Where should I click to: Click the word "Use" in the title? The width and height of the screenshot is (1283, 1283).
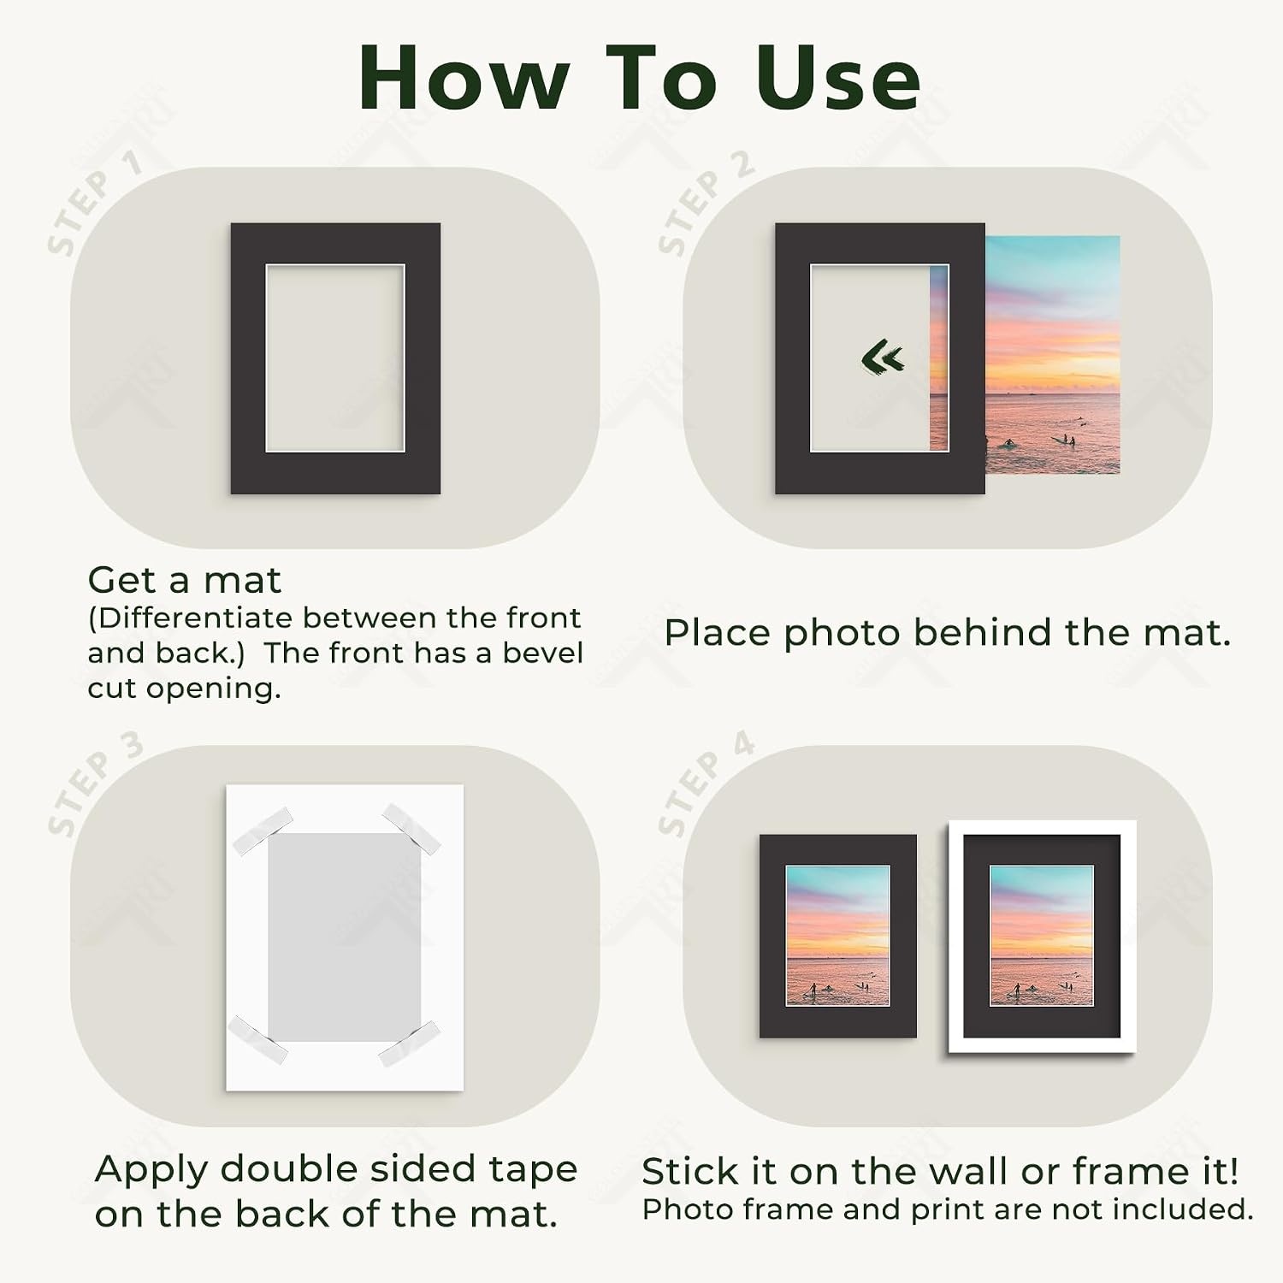(x=838, y=78)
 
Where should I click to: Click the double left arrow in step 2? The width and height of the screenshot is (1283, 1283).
(x=883, y=358)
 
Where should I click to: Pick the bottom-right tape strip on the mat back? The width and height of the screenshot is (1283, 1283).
(x=409, y=1044)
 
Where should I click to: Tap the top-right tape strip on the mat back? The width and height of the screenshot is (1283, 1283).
(x=411, y=828)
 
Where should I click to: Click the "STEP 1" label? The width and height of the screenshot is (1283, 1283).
(x=94, y=203)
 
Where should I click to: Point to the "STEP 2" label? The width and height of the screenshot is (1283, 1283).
(x=706, y=203)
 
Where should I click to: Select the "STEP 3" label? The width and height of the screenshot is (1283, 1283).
(x=94, y=783)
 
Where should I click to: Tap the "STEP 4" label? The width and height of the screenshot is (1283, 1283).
(x=706, y=783)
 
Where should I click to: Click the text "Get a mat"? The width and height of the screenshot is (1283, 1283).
(x=184, y=581)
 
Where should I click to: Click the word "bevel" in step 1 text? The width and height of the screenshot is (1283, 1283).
(x=542, y=653)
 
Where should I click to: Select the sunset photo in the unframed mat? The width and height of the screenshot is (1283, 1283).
(x=837, y=936)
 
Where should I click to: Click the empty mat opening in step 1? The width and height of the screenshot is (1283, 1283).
(x=334, y=358)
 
